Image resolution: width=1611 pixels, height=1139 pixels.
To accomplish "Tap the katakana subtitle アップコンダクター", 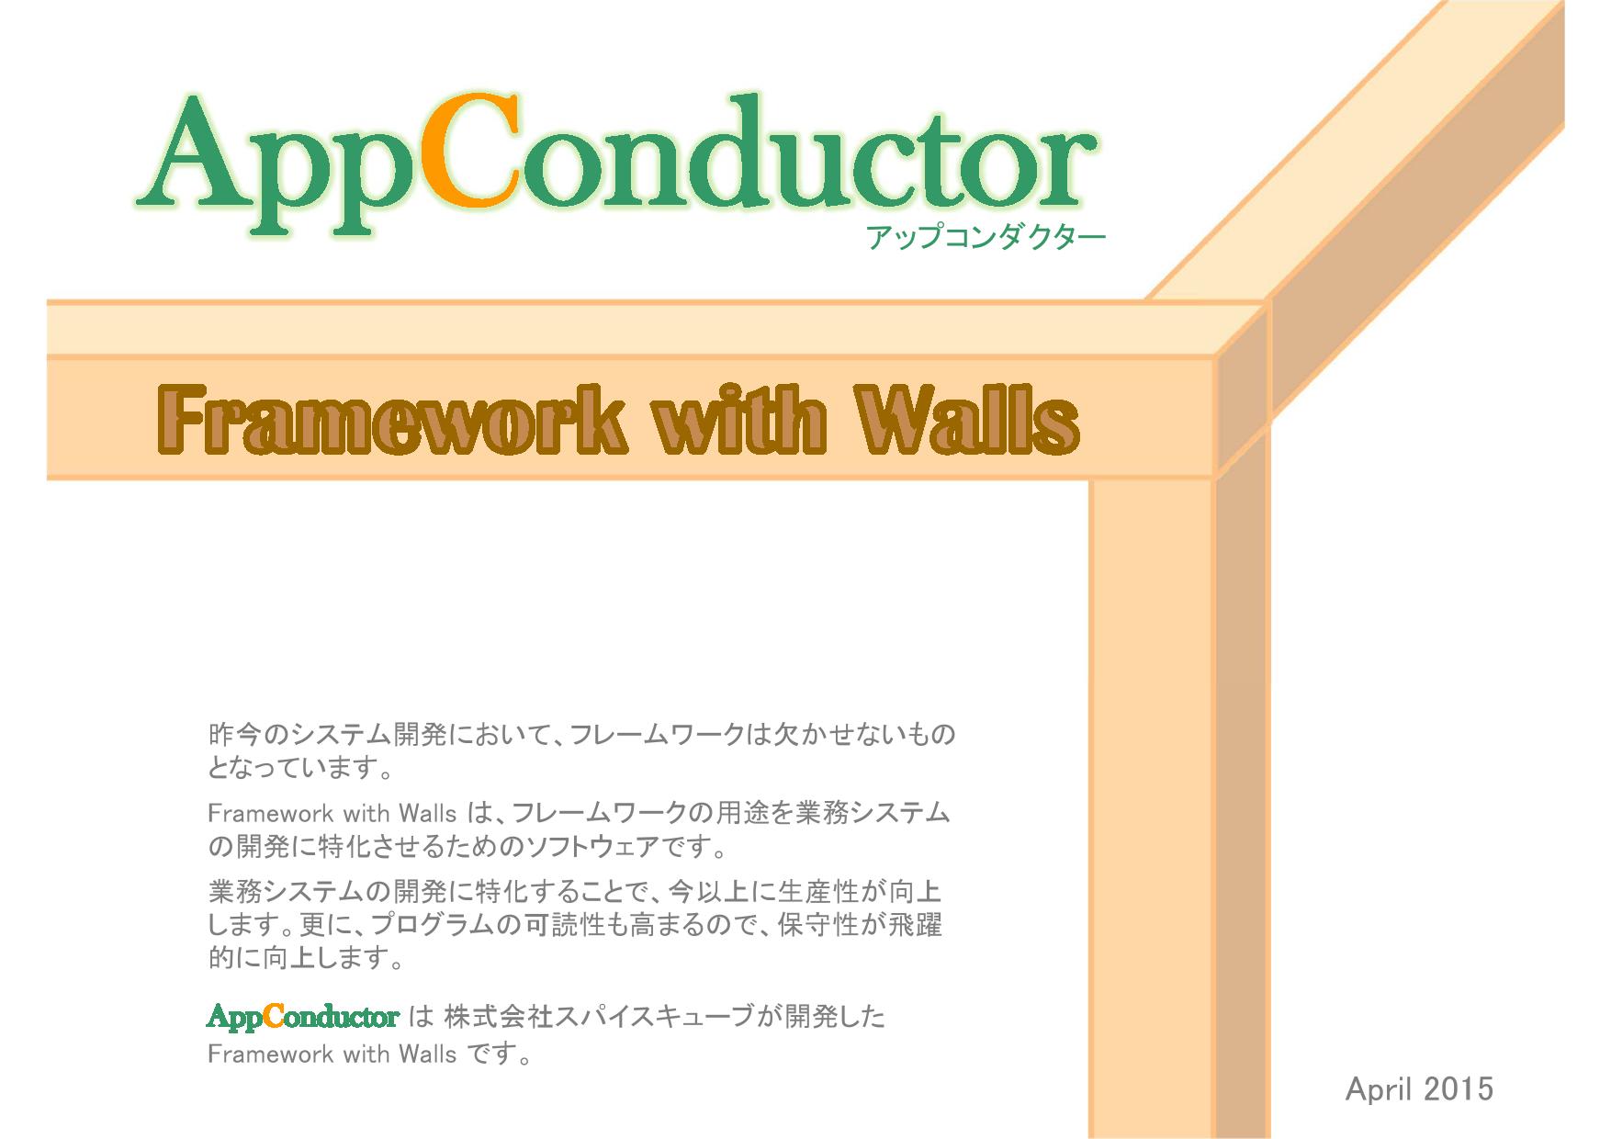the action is pyautogui.click(x=986, y=238).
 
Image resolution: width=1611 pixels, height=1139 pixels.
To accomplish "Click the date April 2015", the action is pyautogui.click(x=1419, y=1089).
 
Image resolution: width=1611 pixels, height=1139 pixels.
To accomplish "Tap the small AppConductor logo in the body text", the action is pyautogui.click(x=303, y=1017).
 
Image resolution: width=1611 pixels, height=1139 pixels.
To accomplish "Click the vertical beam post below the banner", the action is pyautogui.click(x=1152, y=808).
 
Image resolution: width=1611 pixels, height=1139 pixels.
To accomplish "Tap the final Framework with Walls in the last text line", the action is pyautogui.click(x=332, y=1054).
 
